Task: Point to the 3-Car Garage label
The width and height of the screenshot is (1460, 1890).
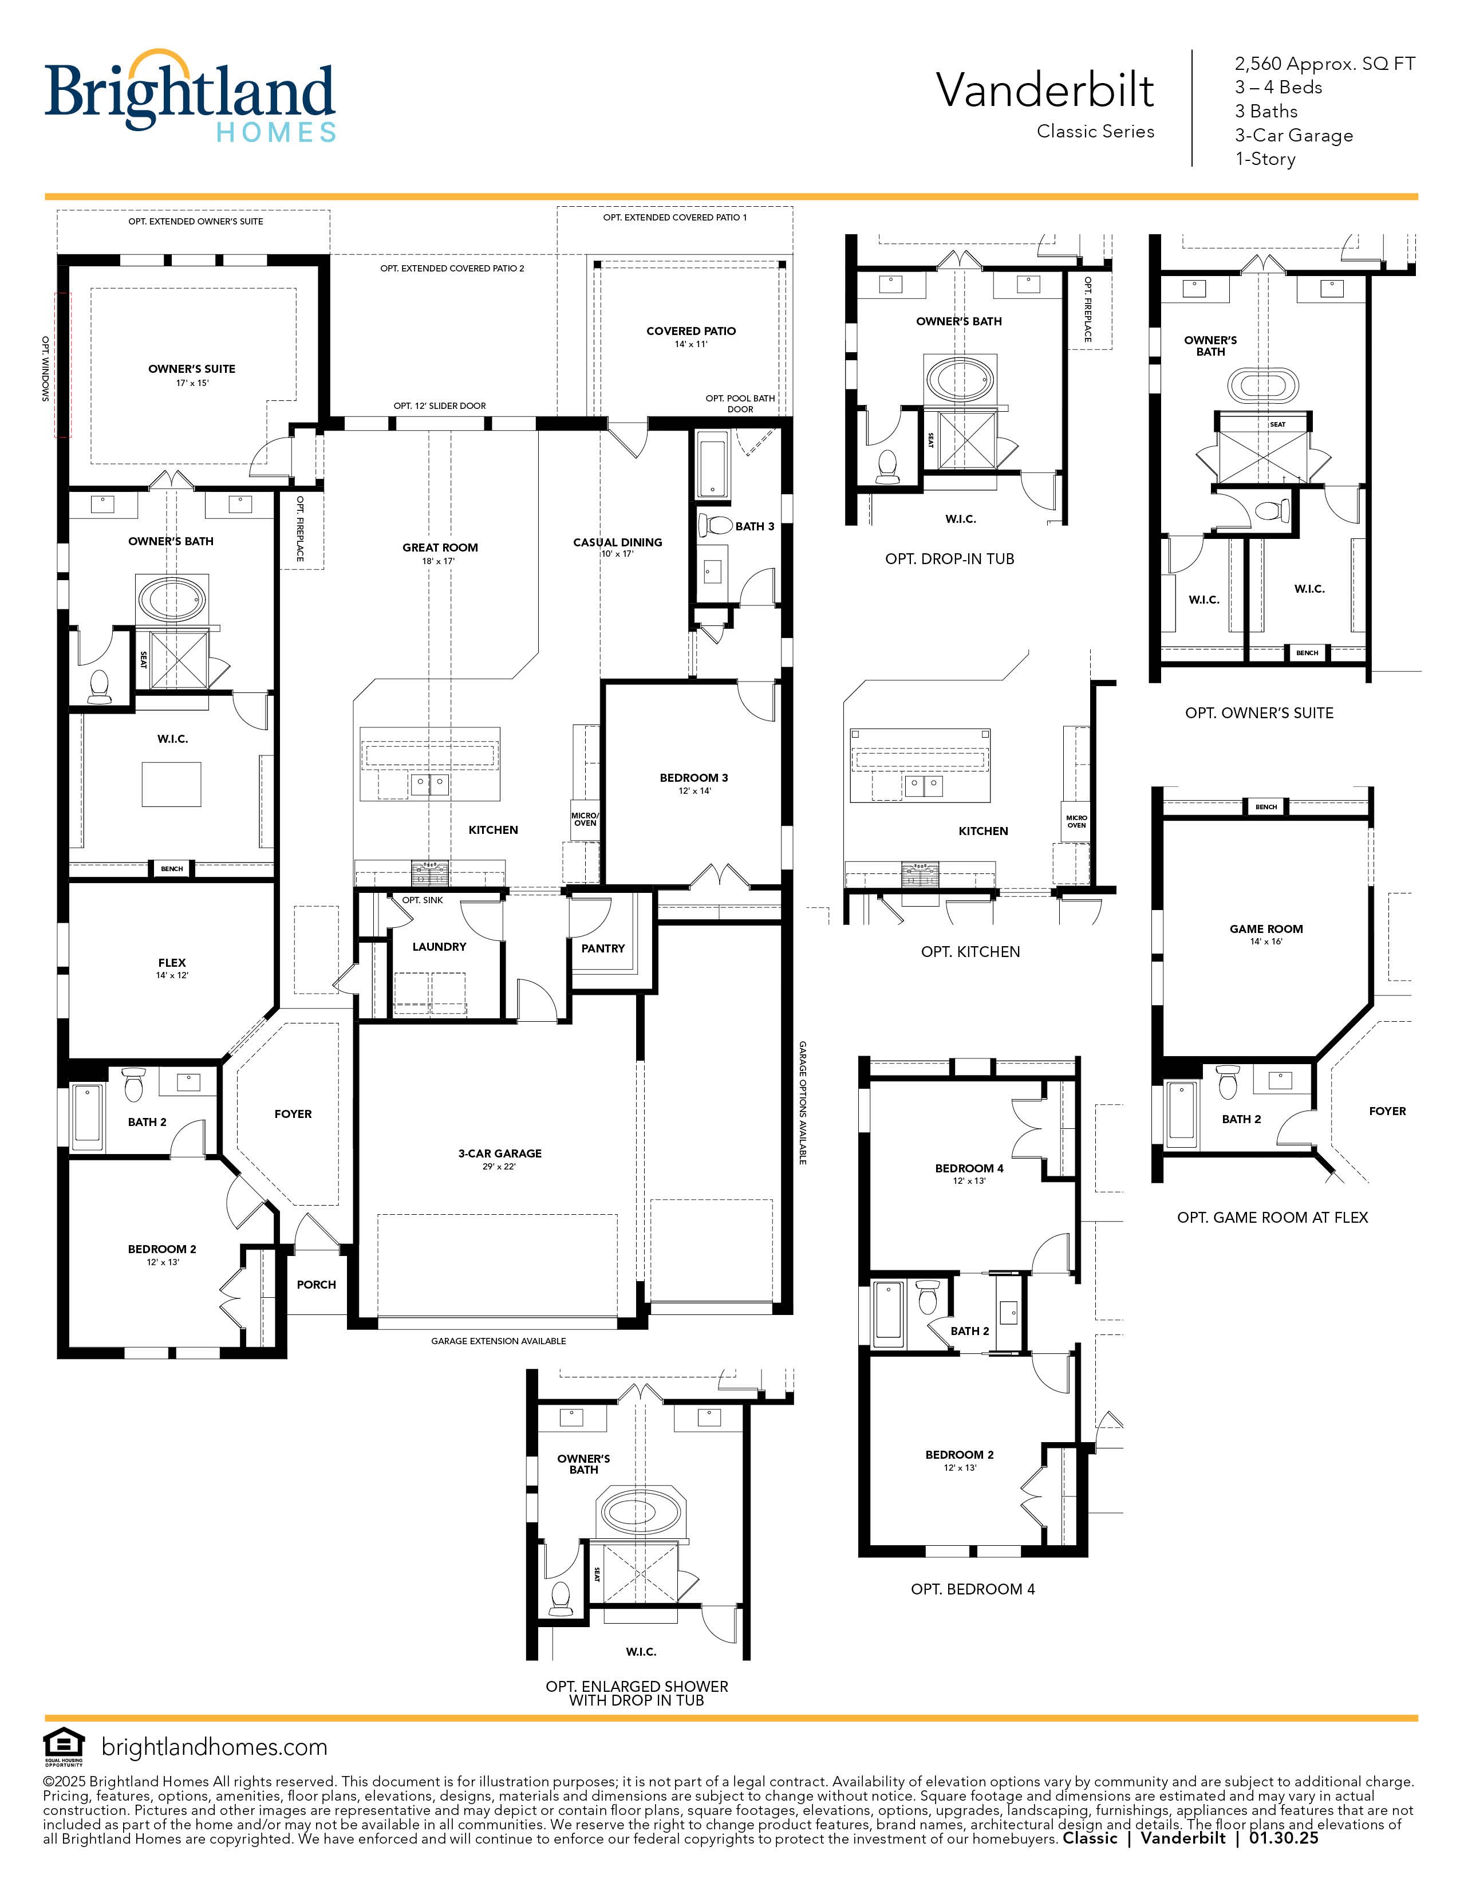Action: pyautogui.click(x=500, y=1153)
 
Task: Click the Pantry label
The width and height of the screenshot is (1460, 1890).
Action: pyautogui.click(x=603, y=948)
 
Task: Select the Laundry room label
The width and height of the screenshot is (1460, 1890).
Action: pyautogui.click(x=439, y=947)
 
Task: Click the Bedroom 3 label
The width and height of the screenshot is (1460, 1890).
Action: pyautogui.click(x=694, y=778)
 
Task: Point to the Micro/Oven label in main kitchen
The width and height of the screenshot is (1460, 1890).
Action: pyautogui.click(x=585, y=818)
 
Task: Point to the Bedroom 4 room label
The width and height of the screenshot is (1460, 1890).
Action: pyautogui.click(x=969, y=1168)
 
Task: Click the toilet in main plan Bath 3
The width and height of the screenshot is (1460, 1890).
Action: pyautogui.click(x=715, y=525)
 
